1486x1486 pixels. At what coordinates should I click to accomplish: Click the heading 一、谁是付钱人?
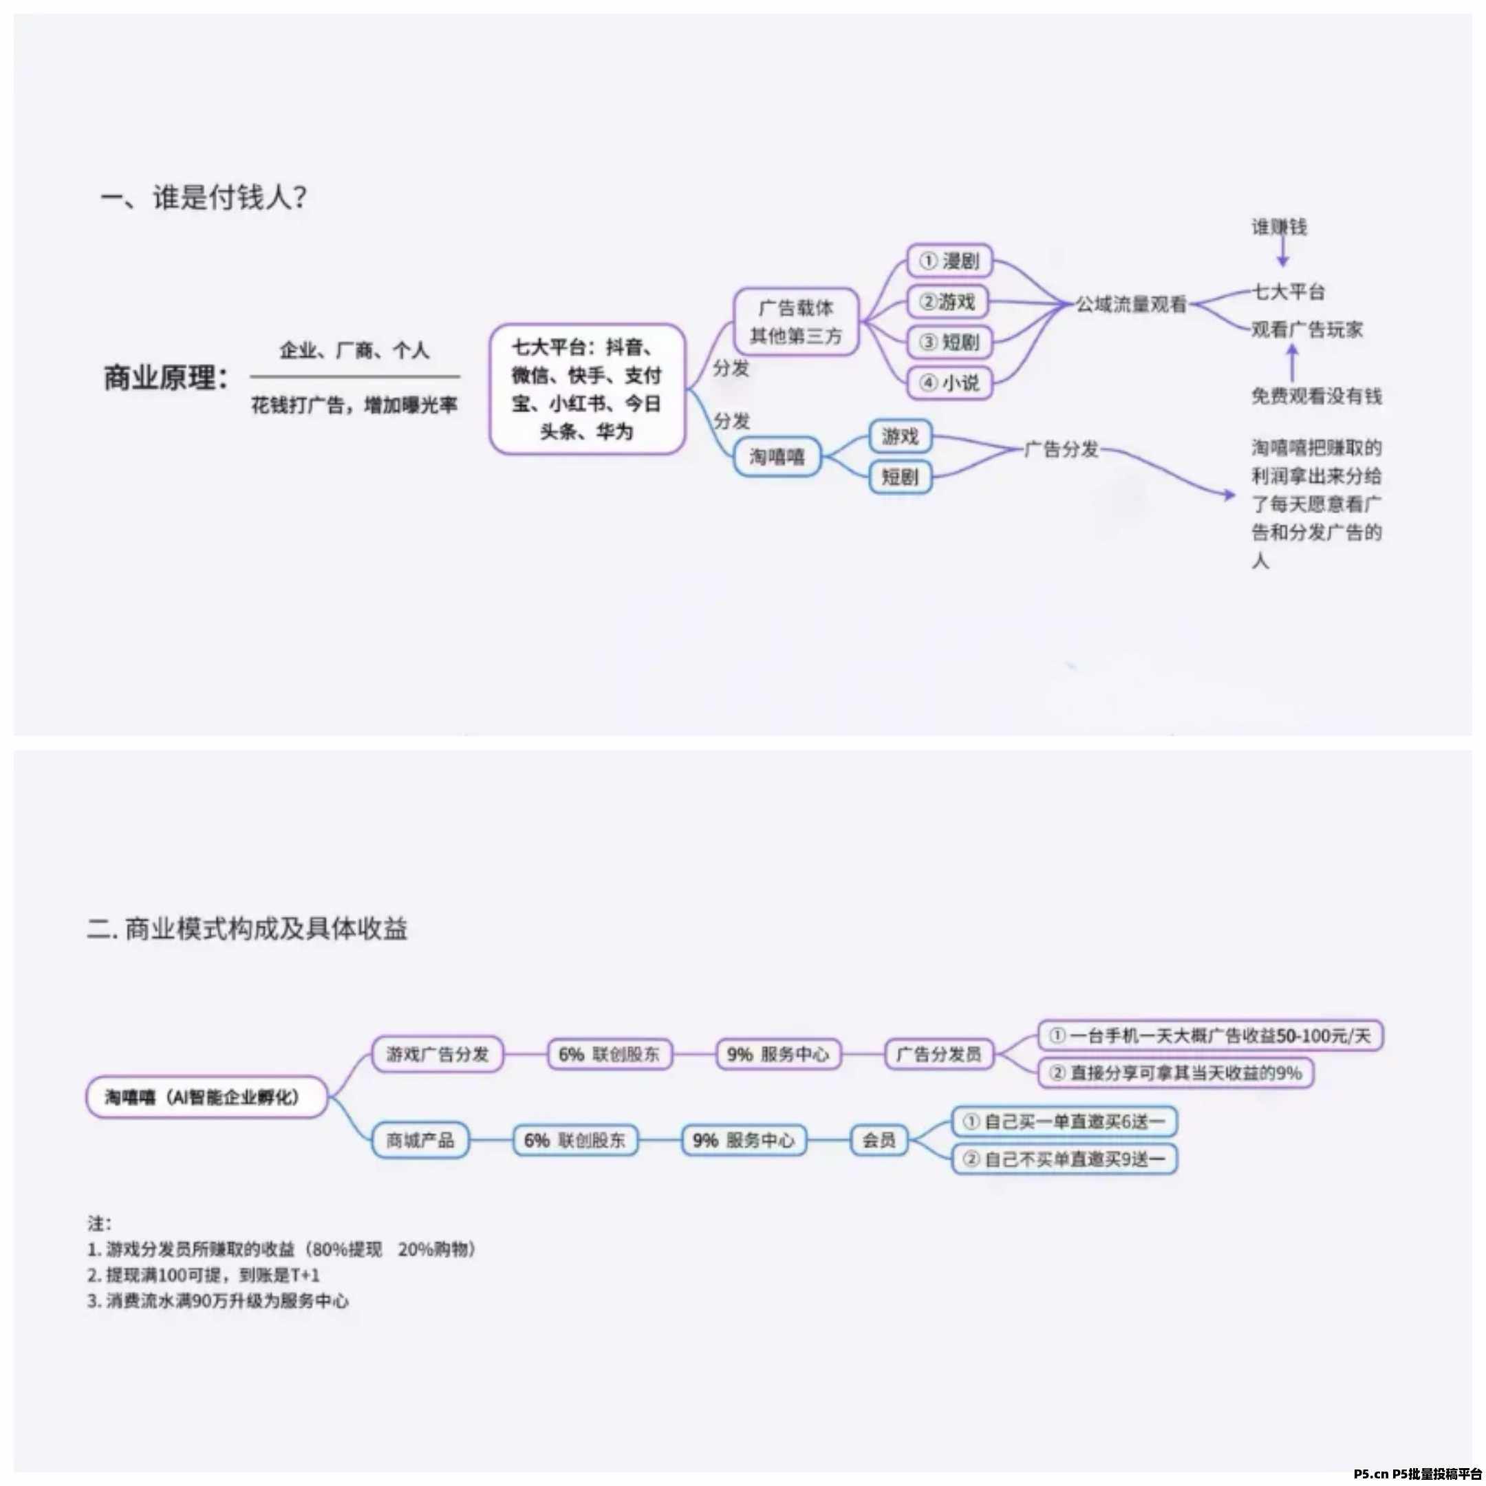[x=204, y=197]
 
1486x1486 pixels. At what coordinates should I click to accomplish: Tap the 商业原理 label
[x=166, y=378]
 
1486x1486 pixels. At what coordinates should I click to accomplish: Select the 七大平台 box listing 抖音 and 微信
[x=587, y=389]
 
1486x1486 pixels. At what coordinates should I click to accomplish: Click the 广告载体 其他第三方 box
[x=795, y=322]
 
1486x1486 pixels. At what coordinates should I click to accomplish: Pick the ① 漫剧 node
[x=949, y=261]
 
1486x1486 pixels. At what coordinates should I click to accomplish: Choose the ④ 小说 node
[x=949, y=383]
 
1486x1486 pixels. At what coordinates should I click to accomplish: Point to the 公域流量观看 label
[x=1130, y=305]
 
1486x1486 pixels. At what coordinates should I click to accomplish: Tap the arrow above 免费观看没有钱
[x=1292, y=361]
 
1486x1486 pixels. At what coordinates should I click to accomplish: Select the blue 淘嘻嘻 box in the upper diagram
[x=777, y=457]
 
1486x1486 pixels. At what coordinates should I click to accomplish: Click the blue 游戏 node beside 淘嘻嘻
[x=900, y=437]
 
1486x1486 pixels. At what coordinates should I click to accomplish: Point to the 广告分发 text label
[x=1062, y=449]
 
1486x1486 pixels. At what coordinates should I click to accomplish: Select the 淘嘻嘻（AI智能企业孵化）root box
[x=206, y=1097]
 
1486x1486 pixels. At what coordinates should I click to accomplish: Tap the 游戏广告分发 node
[x=437, y=1054]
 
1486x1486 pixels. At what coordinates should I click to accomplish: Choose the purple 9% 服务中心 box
[x=777, y=1054]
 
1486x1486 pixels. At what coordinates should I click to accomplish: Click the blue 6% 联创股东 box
[x=574, y=1140]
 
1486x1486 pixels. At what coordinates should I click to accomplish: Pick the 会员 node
[x=879, y=1140]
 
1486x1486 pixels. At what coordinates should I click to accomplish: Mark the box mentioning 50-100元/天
[x=1210, y=1035]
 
